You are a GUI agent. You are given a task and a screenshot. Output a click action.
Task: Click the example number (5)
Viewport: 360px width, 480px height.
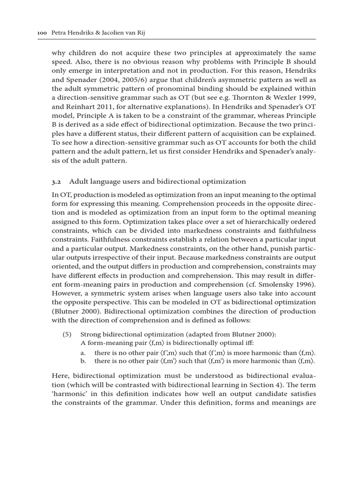68,334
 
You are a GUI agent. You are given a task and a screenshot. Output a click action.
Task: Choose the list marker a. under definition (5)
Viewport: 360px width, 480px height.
83,352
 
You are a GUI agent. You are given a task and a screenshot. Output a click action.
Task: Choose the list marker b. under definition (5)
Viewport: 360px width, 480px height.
83,361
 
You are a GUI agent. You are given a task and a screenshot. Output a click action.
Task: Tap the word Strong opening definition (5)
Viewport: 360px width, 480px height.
90,334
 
